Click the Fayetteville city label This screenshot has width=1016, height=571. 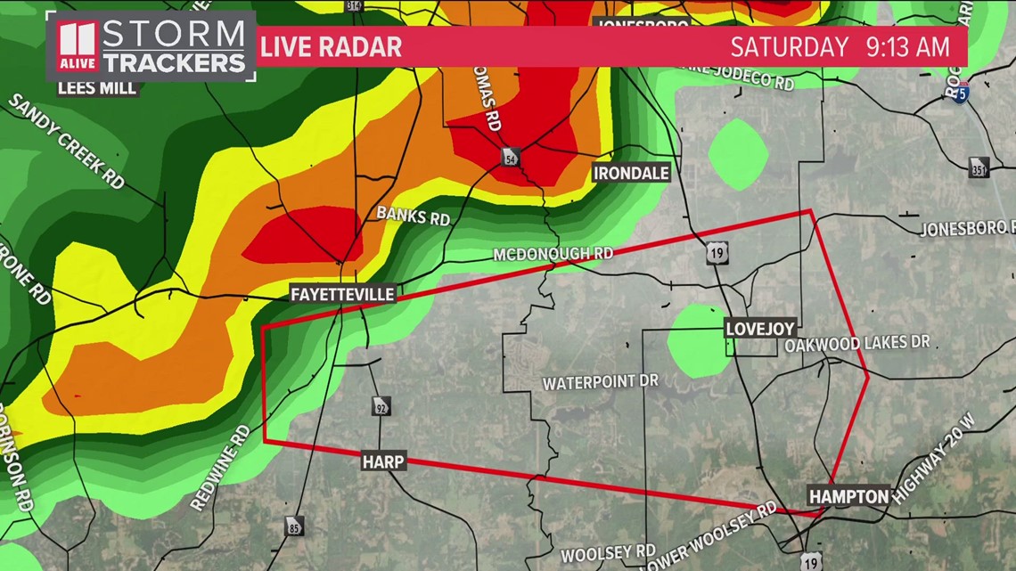[342, 294]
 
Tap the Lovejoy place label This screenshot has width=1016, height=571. [759, 329]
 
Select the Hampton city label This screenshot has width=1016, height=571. [848, 497]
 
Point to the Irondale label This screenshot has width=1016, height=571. [631, 173]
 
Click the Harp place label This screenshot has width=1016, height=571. [383, 461]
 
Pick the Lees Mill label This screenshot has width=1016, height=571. [97, 87]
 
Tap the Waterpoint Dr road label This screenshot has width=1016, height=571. [601, 382]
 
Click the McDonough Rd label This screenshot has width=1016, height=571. [553, 255]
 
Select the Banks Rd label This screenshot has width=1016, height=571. [413, 216]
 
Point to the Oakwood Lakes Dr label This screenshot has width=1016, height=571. [857, 344]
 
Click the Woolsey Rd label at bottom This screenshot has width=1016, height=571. [609, 553]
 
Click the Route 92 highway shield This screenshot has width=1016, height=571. [381, 405]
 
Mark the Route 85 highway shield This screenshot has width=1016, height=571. [295, 526]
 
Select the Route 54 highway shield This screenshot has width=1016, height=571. [510, 157]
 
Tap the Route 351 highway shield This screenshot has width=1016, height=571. [979, 167]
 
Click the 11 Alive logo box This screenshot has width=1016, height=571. [78, 46]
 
